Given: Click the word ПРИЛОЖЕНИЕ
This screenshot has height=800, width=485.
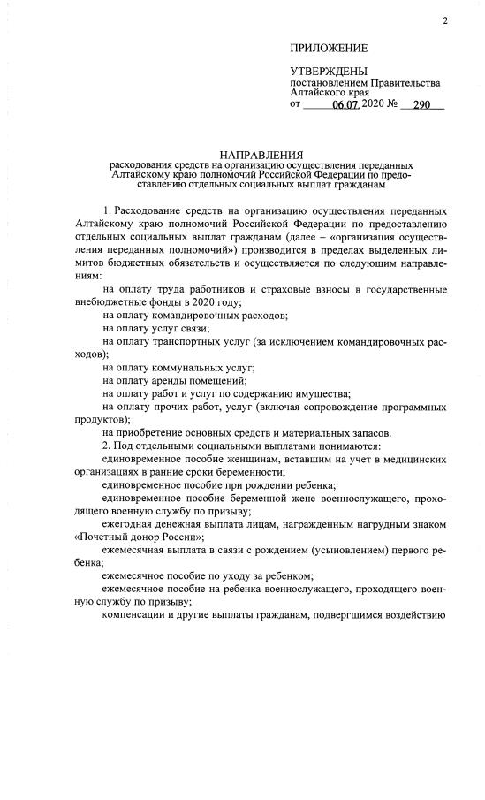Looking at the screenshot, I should point(329,48).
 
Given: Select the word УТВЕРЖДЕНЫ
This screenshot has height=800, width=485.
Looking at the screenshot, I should point(329,71).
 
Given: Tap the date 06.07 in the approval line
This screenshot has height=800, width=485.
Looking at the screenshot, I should point(347,105).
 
